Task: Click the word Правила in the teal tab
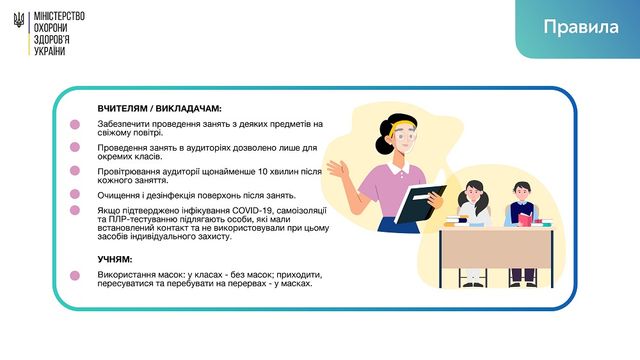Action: point(581,27)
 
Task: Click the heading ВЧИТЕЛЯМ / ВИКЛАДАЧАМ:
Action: point(159,108)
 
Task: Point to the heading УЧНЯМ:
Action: point(115,258)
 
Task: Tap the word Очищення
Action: point(120,195)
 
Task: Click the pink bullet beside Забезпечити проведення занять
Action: point(75,125)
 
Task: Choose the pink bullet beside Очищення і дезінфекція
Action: point(75,195)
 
